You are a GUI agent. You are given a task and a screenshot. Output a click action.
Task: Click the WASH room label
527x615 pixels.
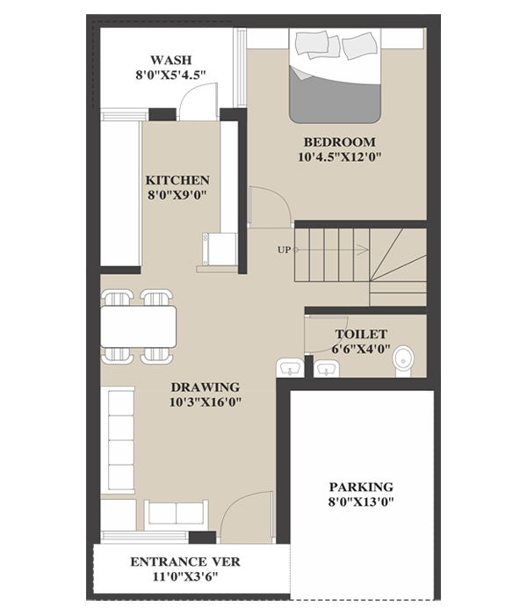(171, 60)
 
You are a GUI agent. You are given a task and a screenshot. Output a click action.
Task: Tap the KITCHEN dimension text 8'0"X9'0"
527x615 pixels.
(177, 195)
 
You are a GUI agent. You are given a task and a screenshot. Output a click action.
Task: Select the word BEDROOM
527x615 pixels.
(340, 141)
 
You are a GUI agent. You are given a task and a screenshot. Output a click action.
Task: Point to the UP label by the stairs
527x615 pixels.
(285, 250)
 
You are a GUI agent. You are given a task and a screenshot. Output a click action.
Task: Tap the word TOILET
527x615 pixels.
(361, 334)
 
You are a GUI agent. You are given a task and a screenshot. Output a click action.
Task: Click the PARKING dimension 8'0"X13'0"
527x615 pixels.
(361, 502)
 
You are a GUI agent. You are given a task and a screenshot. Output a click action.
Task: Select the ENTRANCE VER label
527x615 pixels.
(185, 561)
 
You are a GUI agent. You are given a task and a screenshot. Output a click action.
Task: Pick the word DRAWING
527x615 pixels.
(205, 387)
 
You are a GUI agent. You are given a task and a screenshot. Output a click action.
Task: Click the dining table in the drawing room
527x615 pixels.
(139, 327)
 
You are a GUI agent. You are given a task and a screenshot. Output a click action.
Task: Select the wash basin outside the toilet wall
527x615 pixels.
(290, 368)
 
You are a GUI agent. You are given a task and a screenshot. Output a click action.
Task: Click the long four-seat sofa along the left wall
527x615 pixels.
(118, 440)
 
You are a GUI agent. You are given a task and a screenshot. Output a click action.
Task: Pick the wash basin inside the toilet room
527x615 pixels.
(326, 369)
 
